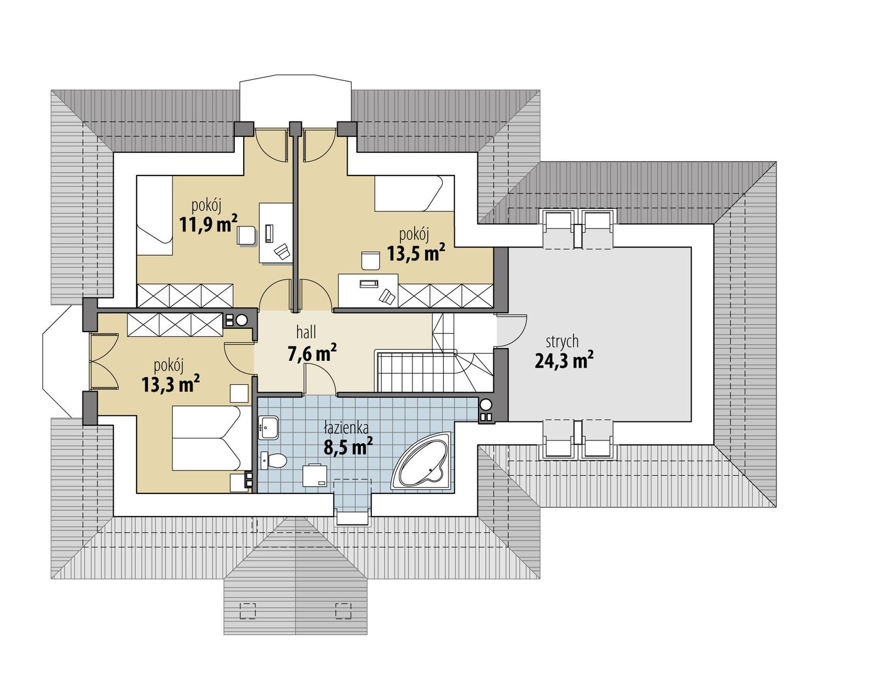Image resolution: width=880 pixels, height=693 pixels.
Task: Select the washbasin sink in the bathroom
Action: pyautogui.click(x=269, y=427)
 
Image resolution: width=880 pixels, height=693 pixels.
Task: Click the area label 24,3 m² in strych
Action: pyautogui.click(x=564, y=361)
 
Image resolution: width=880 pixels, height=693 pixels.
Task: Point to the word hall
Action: pyautogui.click(x=306, y=332)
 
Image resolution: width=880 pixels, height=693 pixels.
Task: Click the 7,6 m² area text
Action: pyautogui.click(x=312, y=354)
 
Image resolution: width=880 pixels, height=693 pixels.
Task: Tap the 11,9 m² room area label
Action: pyautogui.click(x=208, y=224)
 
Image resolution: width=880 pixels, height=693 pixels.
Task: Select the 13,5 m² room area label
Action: pyautogui.click(x=415, y=253)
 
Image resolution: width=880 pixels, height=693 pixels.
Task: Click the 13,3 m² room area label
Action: pyautogui.click(x=170, y=384)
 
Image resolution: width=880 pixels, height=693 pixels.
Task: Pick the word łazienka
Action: pyautogui.click(x=346, y=427)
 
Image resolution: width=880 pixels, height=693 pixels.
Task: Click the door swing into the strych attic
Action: pyautogui.click(x=512, y=330)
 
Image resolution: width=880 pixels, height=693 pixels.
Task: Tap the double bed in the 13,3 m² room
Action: pyautogui.click(x=206, y=438)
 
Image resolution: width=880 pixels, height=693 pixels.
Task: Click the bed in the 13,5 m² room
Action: pyautogui.click(x=414, y=193)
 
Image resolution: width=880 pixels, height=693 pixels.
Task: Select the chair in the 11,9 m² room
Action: pyautogui.click(x=246, y=235)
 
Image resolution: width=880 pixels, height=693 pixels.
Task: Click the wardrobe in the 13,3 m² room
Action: pyautogui.click(x=175, y=324)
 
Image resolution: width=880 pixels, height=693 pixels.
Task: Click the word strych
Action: pyautogui.click(x=562, y=342)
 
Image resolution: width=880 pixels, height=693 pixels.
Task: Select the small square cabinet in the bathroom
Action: pyautogui.click(x=315, y=476)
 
